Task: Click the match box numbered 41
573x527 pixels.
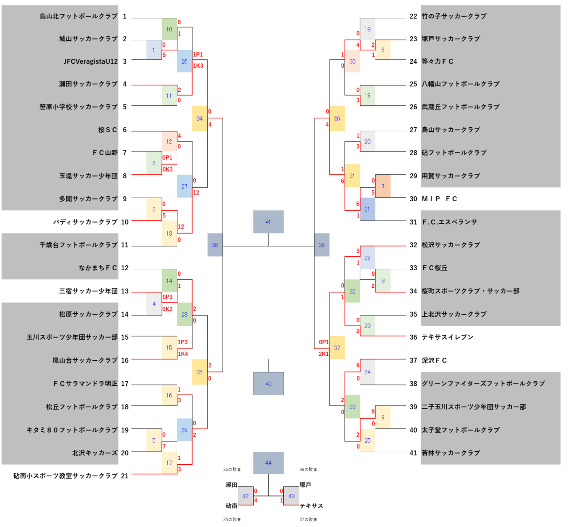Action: (x=268, y=222)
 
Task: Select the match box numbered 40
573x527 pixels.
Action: (x=268, y=384)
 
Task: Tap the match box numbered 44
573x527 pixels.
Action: (x=268, y=462)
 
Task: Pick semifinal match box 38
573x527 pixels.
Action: (x=215, y=245)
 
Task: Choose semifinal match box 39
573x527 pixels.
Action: (x=321, y=245)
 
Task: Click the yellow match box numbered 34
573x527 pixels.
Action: (x=200, y=118)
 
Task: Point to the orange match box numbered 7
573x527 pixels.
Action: (x=383, y=186)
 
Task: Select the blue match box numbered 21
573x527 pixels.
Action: (x=368, y=209)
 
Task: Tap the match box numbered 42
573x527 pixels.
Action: (x=245, y=496)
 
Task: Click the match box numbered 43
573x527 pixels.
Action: (x=291, y=496)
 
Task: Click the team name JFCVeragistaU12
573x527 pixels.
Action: (x=91, y=61)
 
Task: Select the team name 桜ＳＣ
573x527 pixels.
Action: (x=107, y=130)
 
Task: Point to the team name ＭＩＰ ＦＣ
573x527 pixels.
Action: (x=439, y=199)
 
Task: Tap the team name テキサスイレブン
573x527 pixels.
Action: (x=447, y=337)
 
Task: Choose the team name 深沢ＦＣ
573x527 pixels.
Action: (x=434, y=360)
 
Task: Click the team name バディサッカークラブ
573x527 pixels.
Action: (x=86, y=222)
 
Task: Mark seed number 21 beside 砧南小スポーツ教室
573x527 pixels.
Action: (x=124, y=476)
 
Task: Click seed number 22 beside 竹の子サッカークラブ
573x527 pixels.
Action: (x=413, y=16)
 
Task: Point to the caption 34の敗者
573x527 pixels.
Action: (x=232, y=469)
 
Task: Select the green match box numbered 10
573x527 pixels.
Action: (x=169, y=29)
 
